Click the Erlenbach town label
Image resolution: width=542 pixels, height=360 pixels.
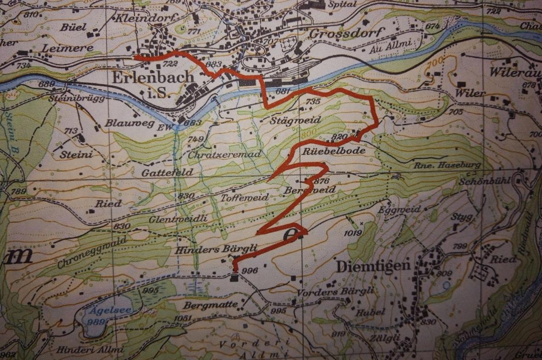click(152, 78)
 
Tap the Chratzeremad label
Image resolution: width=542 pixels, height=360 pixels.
click(225, 154)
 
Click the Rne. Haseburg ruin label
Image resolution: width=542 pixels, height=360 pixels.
click(447, 165)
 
